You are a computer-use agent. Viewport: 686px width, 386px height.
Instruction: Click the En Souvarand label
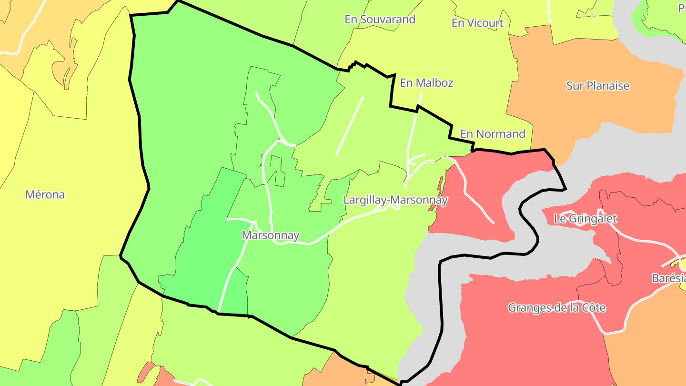tap(380, 20)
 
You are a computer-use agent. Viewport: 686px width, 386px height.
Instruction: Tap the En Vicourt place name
tap(477, 23)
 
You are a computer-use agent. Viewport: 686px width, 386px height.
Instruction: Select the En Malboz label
tap(426, 83)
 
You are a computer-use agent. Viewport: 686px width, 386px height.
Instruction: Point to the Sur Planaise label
tap(597, 86)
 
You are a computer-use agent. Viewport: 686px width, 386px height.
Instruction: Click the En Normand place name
tap(493, 134)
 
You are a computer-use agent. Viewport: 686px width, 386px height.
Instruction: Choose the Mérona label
tap(45, 194)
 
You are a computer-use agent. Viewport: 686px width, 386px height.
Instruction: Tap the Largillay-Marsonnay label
tap(395, 200)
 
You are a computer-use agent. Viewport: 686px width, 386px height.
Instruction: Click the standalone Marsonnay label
tap(271, 235)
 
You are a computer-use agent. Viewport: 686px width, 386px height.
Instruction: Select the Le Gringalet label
tap(585, 219)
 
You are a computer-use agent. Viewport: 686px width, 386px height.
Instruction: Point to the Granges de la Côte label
tap(556, 307)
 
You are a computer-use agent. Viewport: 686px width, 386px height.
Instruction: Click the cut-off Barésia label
tap(669, 278)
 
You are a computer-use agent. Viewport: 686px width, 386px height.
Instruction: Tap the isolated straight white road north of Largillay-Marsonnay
tap(349, 126)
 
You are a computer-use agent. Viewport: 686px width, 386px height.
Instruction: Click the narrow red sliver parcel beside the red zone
tap(440, 188)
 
